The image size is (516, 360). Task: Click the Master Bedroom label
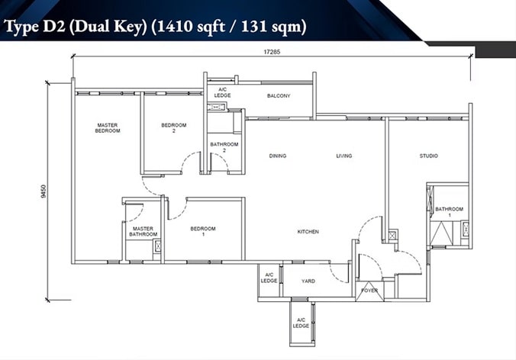tap(108, 128)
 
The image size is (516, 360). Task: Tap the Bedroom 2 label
tap(174, 128)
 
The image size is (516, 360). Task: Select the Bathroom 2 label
tap(224, 147)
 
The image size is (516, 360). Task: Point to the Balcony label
tap(279, 95)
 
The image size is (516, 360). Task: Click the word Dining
tap(278, 156)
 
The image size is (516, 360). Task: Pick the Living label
tap(344, 156)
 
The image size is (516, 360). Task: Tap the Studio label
tap(428, 156)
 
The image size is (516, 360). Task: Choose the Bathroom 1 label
tap(449, 212)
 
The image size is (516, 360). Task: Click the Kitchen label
tap(308, 232)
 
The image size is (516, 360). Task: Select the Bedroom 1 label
tap(203, 231)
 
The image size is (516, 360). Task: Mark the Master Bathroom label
tap(144, 231)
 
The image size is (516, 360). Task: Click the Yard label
tap(308, 281)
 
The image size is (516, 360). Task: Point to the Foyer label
tap(369, 291)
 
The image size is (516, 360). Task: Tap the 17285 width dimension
tap(273, 52)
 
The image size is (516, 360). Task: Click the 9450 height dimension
tap(44, 191)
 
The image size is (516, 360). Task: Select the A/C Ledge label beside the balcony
tap(222, 92)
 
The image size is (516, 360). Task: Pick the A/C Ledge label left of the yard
tap(269, 278)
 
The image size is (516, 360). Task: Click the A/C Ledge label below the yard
tap(301, 323)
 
